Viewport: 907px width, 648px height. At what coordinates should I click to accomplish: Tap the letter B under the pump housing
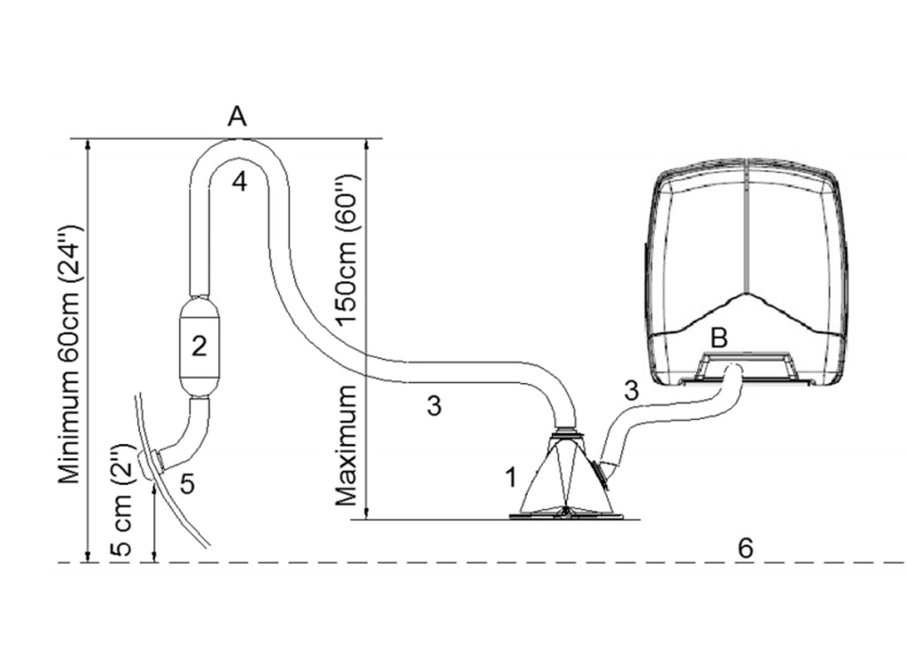coord(719,338)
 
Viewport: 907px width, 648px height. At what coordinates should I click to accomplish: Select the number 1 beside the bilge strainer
coord(510,478)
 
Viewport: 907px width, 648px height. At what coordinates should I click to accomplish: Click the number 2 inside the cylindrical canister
coord(199,346)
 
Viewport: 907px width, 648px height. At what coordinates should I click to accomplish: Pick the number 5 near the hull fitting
coord(186,482)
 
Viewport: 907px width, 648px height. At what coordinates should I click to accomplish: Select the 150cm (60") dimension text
coord(353,259)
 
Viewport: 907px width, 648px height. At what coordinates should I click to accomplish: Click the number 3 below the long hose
coord(433,406)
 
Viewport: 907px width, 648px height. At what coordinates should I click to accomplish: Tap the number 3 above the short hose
coord(631,389)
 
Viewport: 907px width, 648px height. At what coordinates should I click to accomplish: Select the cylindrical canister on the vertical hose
coord(199,346)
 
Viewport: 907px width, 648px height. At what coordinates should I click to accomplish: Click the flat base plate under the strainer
coord(566,514)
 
